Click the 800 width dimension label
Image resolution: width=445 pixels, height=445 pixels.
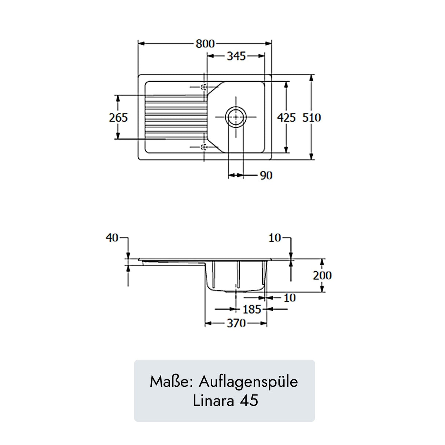click(x=205, y=43)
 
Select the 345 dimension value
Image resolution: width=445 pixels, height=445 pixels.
click(x=236, y=56)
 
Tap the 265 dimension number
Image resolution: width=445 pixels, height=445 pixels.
click(x=118, y=118)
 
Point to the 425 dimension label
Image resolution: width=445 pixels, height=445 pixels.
click(x=286, y=118)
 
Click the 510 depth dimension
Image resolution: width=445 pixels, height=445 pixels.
click(x=312, y=118)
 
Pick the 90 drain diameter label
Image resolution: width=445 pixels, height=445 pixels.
click(x=266, y=176)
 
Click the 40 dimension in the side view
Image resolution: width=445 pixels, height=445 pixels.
click(x=112, y=238)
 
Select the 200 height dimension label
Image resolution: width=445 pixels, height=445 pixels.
click(x=322, y=275)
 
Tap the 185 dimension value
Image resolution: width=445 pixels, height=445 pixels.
click(x=252, y=309)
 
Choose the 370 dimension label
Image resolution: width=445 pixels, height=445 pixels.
click(x=236, y=323)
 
